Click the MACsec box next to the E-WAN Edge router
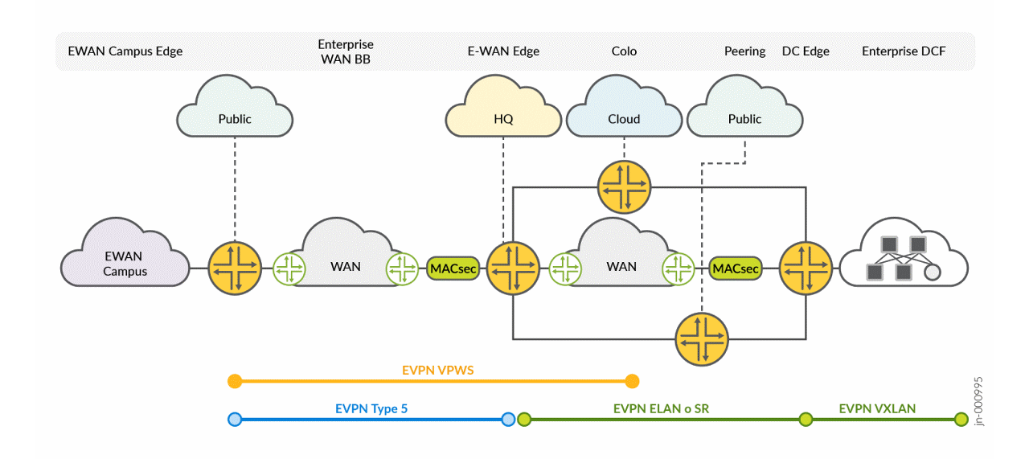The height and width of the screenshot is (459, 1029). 454,268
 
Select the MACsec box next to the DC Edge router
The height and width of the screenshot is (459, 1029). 736,268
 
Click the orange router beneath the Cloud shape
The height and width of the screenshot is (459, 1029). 624,187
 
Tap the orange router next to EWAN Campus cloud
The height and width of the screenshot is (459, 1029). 235,268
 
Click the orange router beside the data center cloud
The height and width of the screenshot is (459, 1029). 806,268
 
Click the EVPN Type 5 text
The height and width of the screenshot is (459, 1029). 371,409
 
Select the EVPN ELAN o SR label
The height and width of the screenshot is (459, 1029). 661,409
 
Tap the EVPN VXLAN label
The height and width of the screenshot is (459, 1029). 877,409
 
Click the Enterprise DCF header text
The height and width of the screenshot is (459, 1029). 904,51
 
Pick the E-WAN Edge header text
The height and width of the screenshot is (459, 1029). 503,51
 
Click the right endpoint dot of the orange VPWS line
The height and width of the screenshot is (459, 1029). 632,380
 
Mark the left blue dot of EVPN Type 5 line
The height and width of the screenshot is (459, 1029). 235,419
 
